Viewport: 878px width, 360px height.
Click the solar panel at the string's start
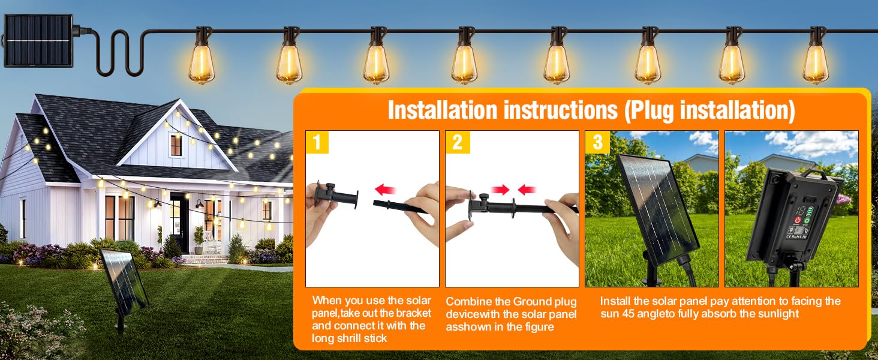pos(38,41)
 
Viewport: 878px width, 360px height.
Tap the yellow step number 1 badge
pos(317,142)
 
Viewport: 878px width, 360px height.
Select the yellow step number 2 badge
pos(457,142)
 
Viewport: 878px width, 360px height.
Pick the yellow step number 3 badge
pos(597,142)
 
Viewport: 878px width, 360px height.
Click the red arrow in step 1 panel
pos(385,190)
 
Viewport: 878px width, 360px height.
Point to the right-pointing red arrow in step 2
pos(500,190)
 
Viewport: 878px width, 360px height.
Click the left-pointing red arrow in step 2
pos(527,190)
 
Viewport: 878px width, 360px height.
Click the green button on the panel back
pos(807,220)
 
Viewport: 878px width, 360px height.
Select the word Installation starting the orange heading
pos(443,110)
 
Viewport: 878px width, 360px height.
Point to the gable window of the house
pos(176,145)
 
